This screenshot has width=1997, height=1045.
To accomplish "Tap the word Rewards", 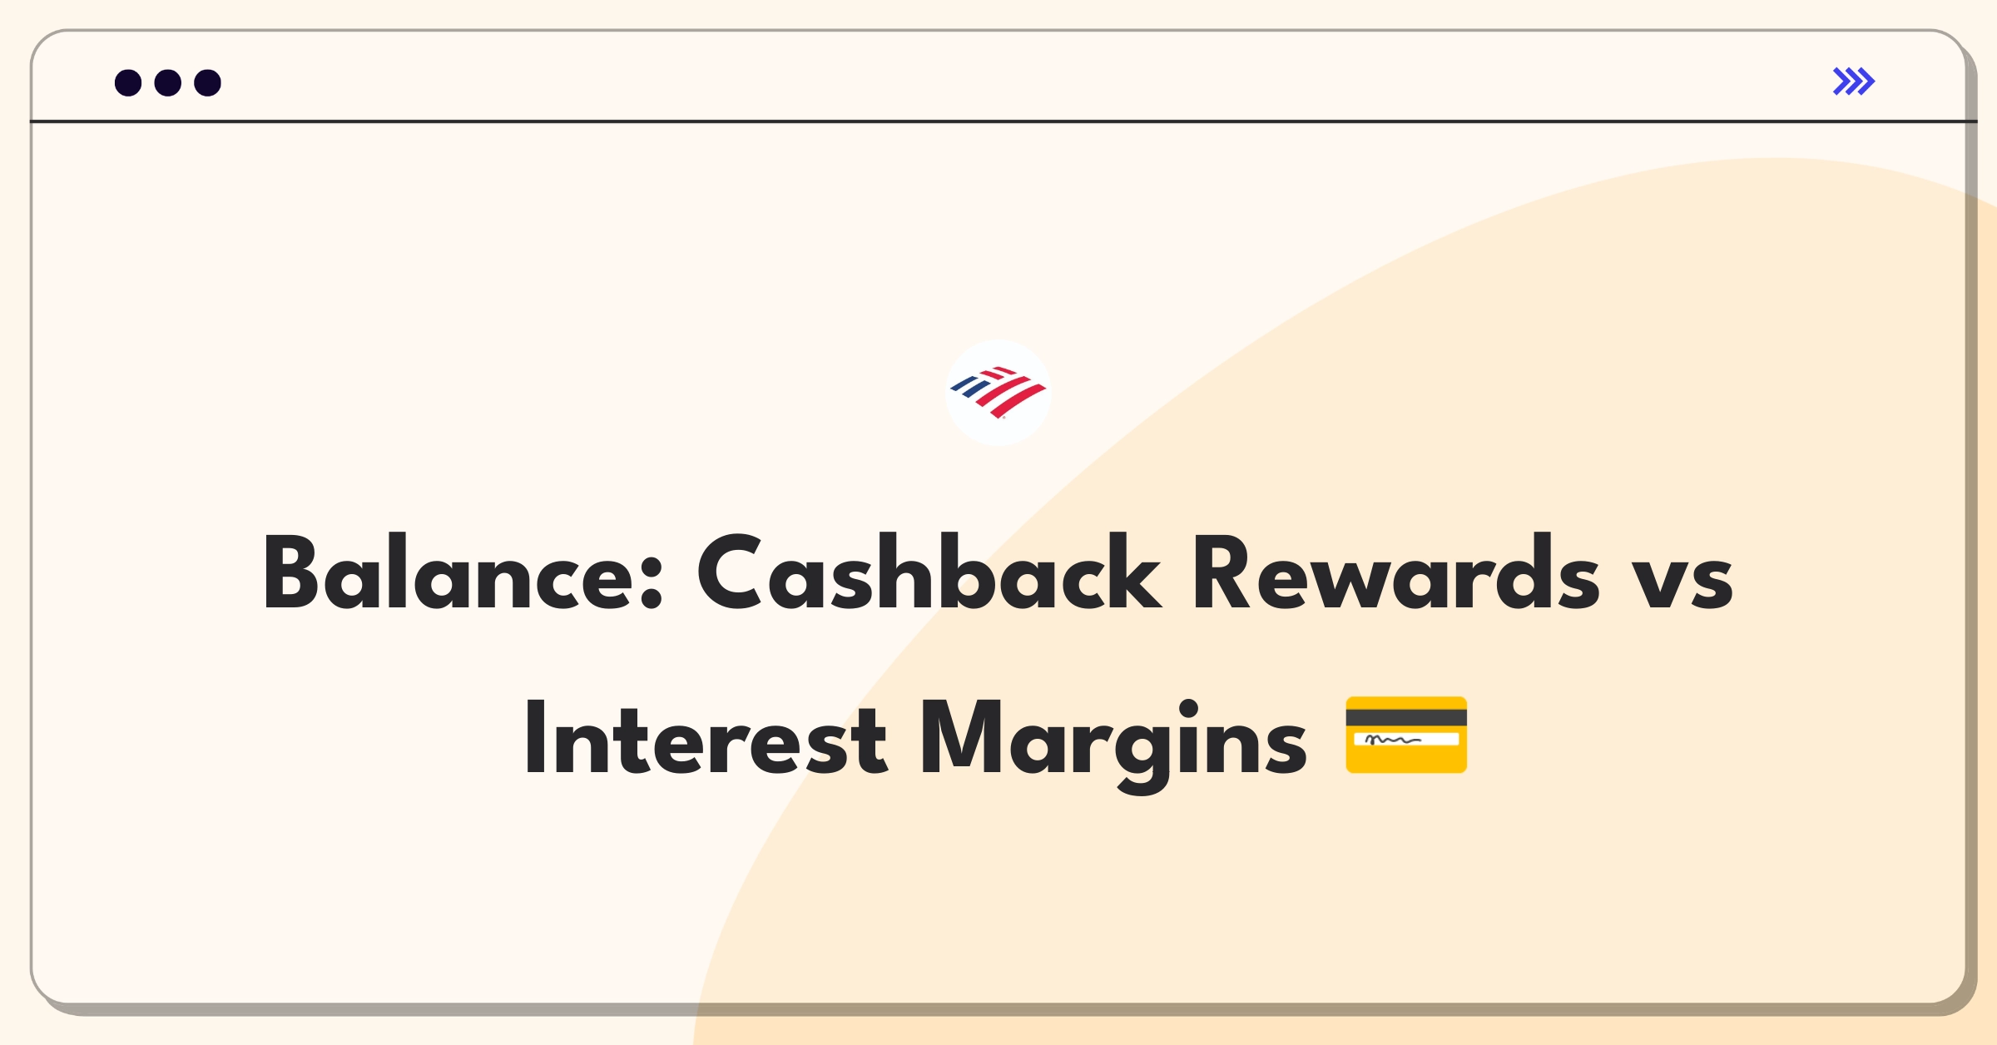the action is tap(1395, 572).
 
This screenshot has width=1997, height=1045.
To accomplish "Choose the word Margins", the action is tap(1114, 745).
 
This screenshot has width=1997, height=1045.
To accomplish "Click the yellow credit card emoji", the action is tap(1406, 735).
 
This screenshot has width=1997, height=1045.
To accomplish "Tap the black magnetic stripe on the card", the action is tap(1406, 717).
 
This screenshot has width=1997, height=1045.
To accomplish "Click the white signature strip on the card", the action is tap(1406, 739).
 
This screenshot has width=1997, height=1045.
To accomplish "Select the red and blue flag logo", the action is tap(998, 392).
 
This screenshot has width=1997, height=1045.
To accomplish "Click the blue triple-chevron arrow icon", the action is tap(1854, 82).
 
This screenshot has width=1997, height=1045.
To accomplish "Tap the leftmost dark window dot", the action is tap(128, 82).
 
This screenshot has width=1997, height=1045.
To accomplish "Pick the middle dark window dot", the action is tap(168, 82).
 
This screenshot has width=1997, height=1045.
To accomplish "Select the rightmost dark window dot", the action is tap(208, 82).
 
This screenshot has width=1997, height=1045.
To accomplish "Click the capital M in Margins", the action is tap(959, 738).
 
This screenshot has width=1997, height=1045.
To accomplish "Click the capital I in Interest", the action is tap(535, 738).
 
